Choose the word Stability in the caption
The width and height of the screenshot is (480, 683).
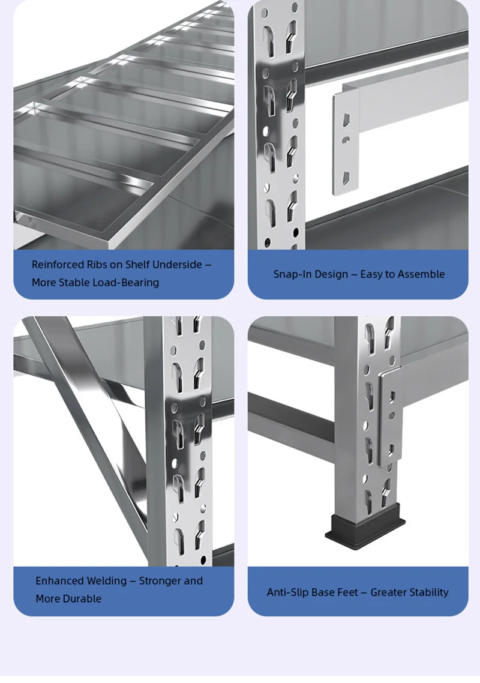coord(428,592)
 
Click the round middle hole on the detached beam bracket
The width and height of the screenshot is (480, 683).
coord(346,140)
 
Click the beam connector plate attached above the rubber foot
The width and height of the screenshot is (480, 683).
coord(390,415)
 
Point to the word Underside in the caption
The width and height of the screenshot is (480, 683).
coord(177,265)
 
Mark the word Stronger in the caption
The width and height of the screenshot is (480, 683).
coord(160,581)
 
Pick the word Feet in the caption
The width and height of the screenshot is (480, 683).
coord(347,592)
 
